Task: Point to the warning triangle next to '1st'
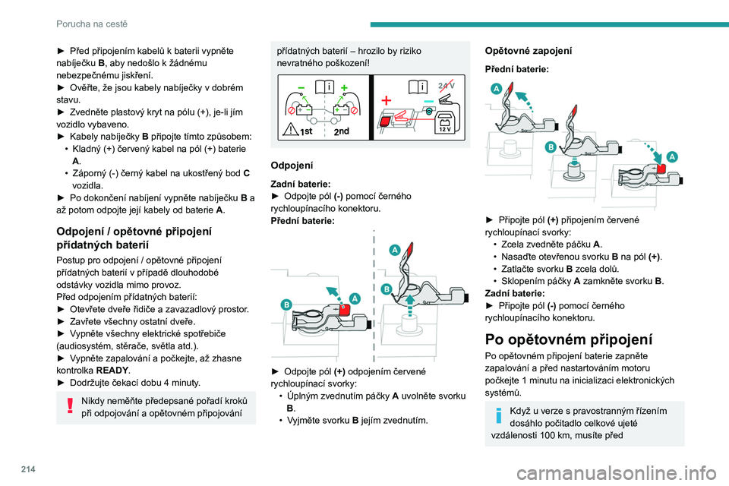(x=291, y=130)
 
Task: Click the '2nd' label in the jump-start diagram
(x=342, y=131)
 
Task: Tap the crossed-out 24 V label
(x=446, y=86)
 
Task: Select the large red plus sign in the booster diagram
(x=387, y=100)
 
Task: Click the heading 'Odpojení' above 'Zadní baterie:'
(x=290, y=165)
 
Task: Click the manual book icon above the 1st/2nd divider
(x=323, y=87)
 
